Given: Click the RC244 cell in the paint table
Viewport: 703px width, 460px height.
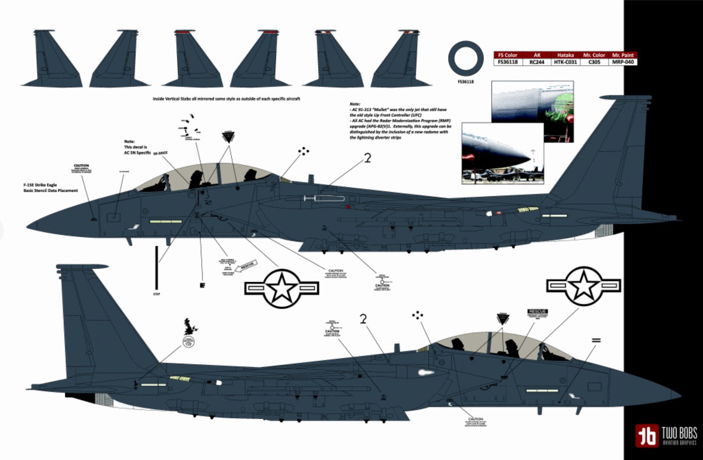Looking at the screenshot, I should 537,62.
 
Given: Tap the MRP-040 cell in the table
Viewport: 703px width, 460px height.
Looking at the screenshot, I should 622,62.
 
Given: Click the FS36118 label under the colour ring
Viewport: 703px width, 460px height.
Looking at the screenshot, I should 465,81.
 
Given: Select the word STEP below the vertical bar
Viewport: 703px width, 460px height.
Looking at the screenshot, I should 156,294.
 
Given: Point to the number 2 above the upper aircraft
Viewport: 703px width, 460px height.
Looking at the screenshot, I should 367,158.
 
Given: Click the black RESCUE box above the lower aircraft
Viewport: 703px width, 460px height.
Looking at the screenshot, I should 537,312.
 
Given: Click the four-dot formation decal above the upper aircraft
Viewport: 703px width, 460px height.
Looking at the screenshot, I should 304,151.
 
